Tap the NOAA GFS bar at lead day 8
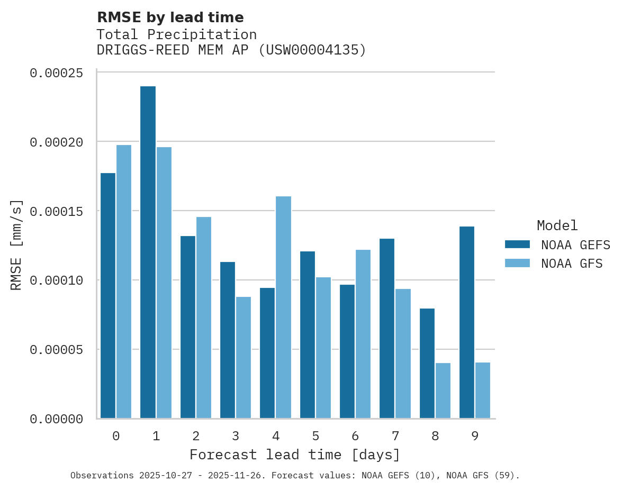click(443, 391)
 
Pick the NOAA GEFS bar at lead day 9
click(467, 322)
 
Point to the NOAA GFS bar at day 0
click(124, 282)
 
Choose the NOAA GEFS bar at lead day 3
click(228, 340)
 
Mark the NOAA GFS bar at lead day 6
click(363, 334)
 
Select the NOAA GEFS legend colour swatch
click(517, 244)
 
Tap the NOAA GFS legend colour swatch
click(517, 263)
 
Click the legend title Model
click(557, 225)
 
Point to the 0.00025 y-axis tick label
click(57, 73)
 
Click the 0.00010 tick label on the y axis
click(57, 280)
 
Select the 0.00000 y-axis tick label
click(57, 419)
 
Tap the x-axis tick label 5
click(315, 437)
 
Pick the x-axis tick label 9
click(475, 437)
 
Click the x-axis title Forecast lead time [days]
click(295, 455)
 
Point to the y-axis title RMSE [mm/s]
click(17, 245)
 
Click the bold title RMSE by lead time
click(170, 17)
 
